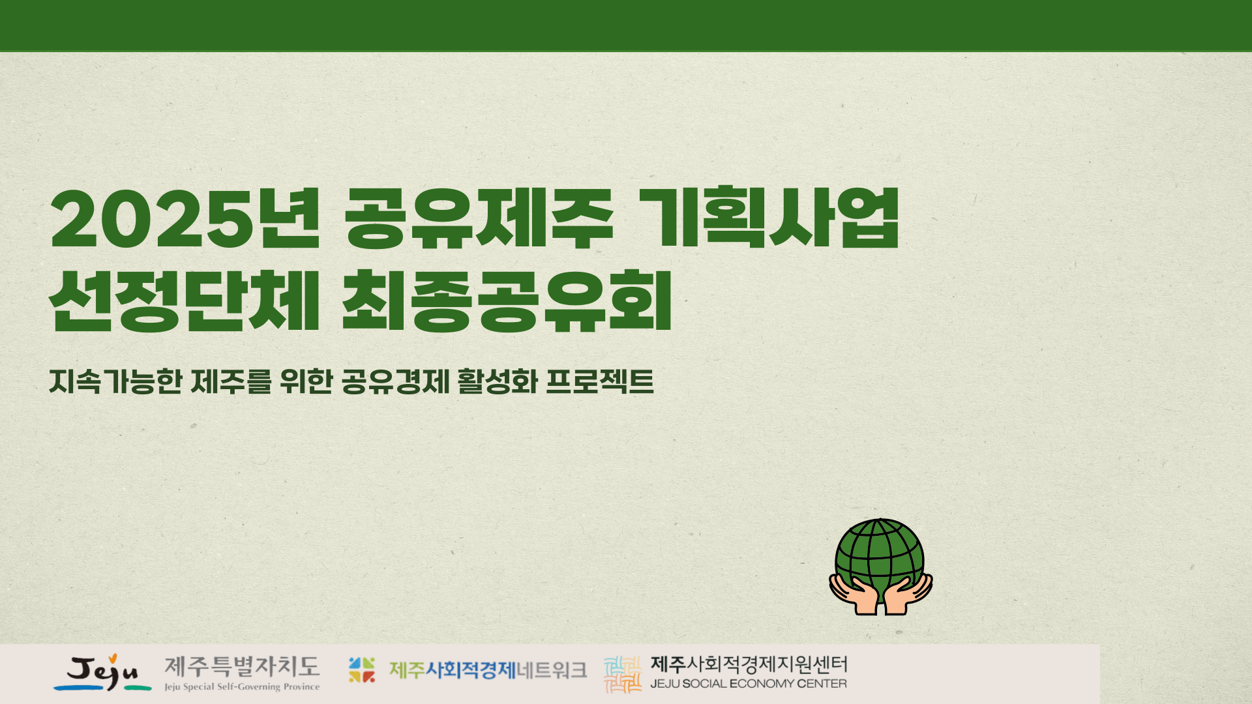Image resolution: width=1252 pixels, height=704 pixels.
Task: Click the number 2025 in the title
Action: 152,220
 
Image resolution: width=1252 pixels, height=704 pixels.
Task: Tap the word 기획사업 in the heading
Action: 769,218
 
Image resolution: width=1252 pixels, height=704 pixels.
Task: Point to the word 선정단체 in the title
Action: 185,301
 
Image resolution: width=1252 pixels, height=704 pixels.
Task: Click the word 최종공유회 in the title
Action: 507,301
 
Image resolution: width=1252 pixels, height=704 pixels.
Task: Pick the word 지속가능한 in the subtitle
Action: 115,381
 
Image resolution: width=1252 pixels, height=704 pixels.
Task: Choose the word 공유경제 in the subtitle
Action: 396,381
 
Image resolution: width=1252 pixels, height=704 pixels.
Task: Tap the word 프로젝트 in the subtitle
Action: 599,381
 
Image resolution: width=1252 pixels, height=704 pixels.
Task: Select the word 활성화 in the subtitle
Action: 498,381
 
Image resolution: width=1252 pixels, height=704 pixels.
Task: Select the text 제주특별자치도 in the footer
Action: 242,667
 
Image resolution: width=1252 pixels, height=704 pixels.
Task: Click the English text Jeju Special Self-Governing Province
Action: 242,687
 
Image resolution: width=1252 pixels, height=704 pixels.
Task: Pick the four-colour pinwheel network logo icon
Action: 362,670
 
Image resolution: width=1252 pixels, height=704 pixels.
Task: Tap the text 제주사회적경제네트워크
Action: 488,670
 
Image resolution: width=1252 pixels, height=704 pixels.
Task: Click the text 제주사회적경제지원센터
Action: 749,665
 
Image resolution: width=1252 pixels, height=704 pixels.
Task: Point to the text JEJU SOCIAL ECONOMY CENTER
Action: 749,684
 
